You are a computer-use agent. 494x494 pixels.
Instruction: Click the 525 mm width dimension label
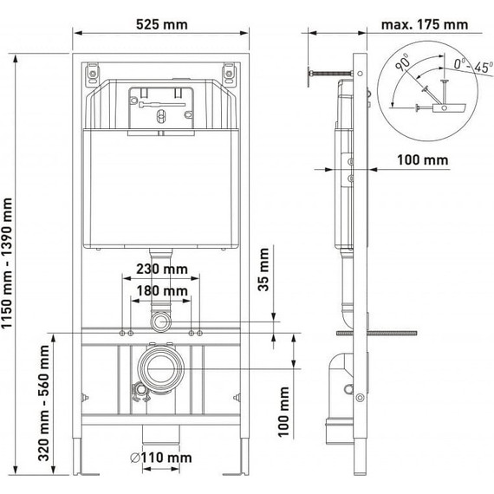pyautogui.click(x=162, y=25)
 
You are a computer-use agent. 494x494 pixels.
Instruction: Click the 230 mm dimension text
pyautogui.click(x=162, y=270)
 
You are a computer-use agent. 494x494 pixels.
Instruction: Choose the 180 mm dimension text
pyautogui.click(x=162, y=291)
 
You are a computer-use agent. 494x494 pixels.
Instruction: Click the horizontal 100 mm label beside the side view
pyautogui.click(x=423, y=159)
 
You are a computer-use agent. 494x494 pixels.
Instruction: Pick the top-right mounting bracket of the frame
pyautogui.click(x=230, y=74)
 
